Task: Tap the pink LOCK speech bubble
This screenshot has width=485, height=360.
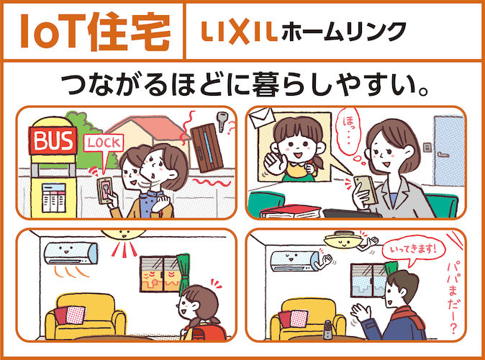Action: (104, 142)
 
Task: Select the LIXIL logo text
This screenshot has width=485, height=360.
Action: (237, 32)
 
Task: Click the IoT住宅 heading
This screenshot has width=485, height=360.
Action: (96, 32)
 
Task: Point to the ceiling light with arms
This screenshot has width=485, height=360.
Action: (344, 238)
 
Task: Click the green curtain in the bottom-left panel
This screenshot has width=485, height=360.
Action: (186, 276)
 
